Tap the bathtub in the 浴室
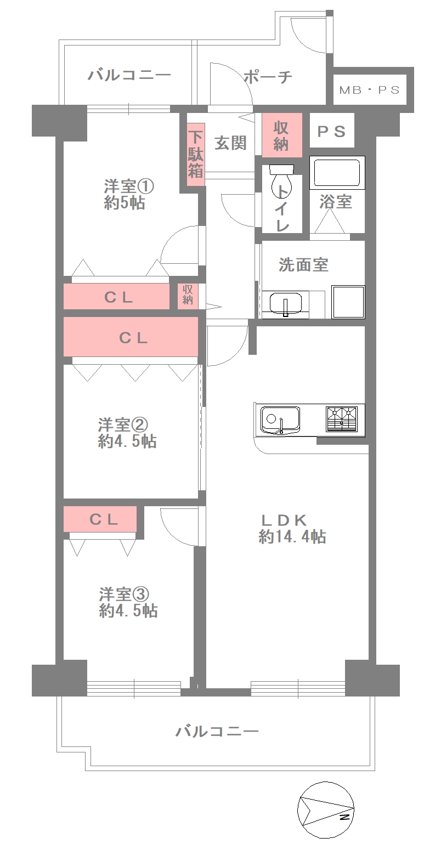point(337,173)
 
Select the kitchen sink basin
point(280,420)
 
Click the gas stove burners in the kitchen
point(342,419)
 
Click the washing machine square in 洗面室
point(348,302)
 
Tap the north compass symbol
point(325,810)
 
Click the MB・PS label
point(370,90)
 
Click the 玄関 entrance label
point(230,143)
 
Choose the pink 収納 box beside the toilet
point(282,135)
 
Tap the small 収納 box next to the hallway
point(188,296)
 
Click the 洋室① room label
point(129,186)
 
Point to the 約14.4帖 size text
point(292,537)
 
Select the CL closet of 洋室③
point(100,519)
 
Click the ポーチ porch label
point(268,77)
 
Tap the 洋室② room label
point(123,424)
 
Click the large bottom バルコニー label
point(217,732)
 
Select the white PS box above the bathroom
point(332,130)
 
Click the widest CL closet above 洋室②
point(131,337)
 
